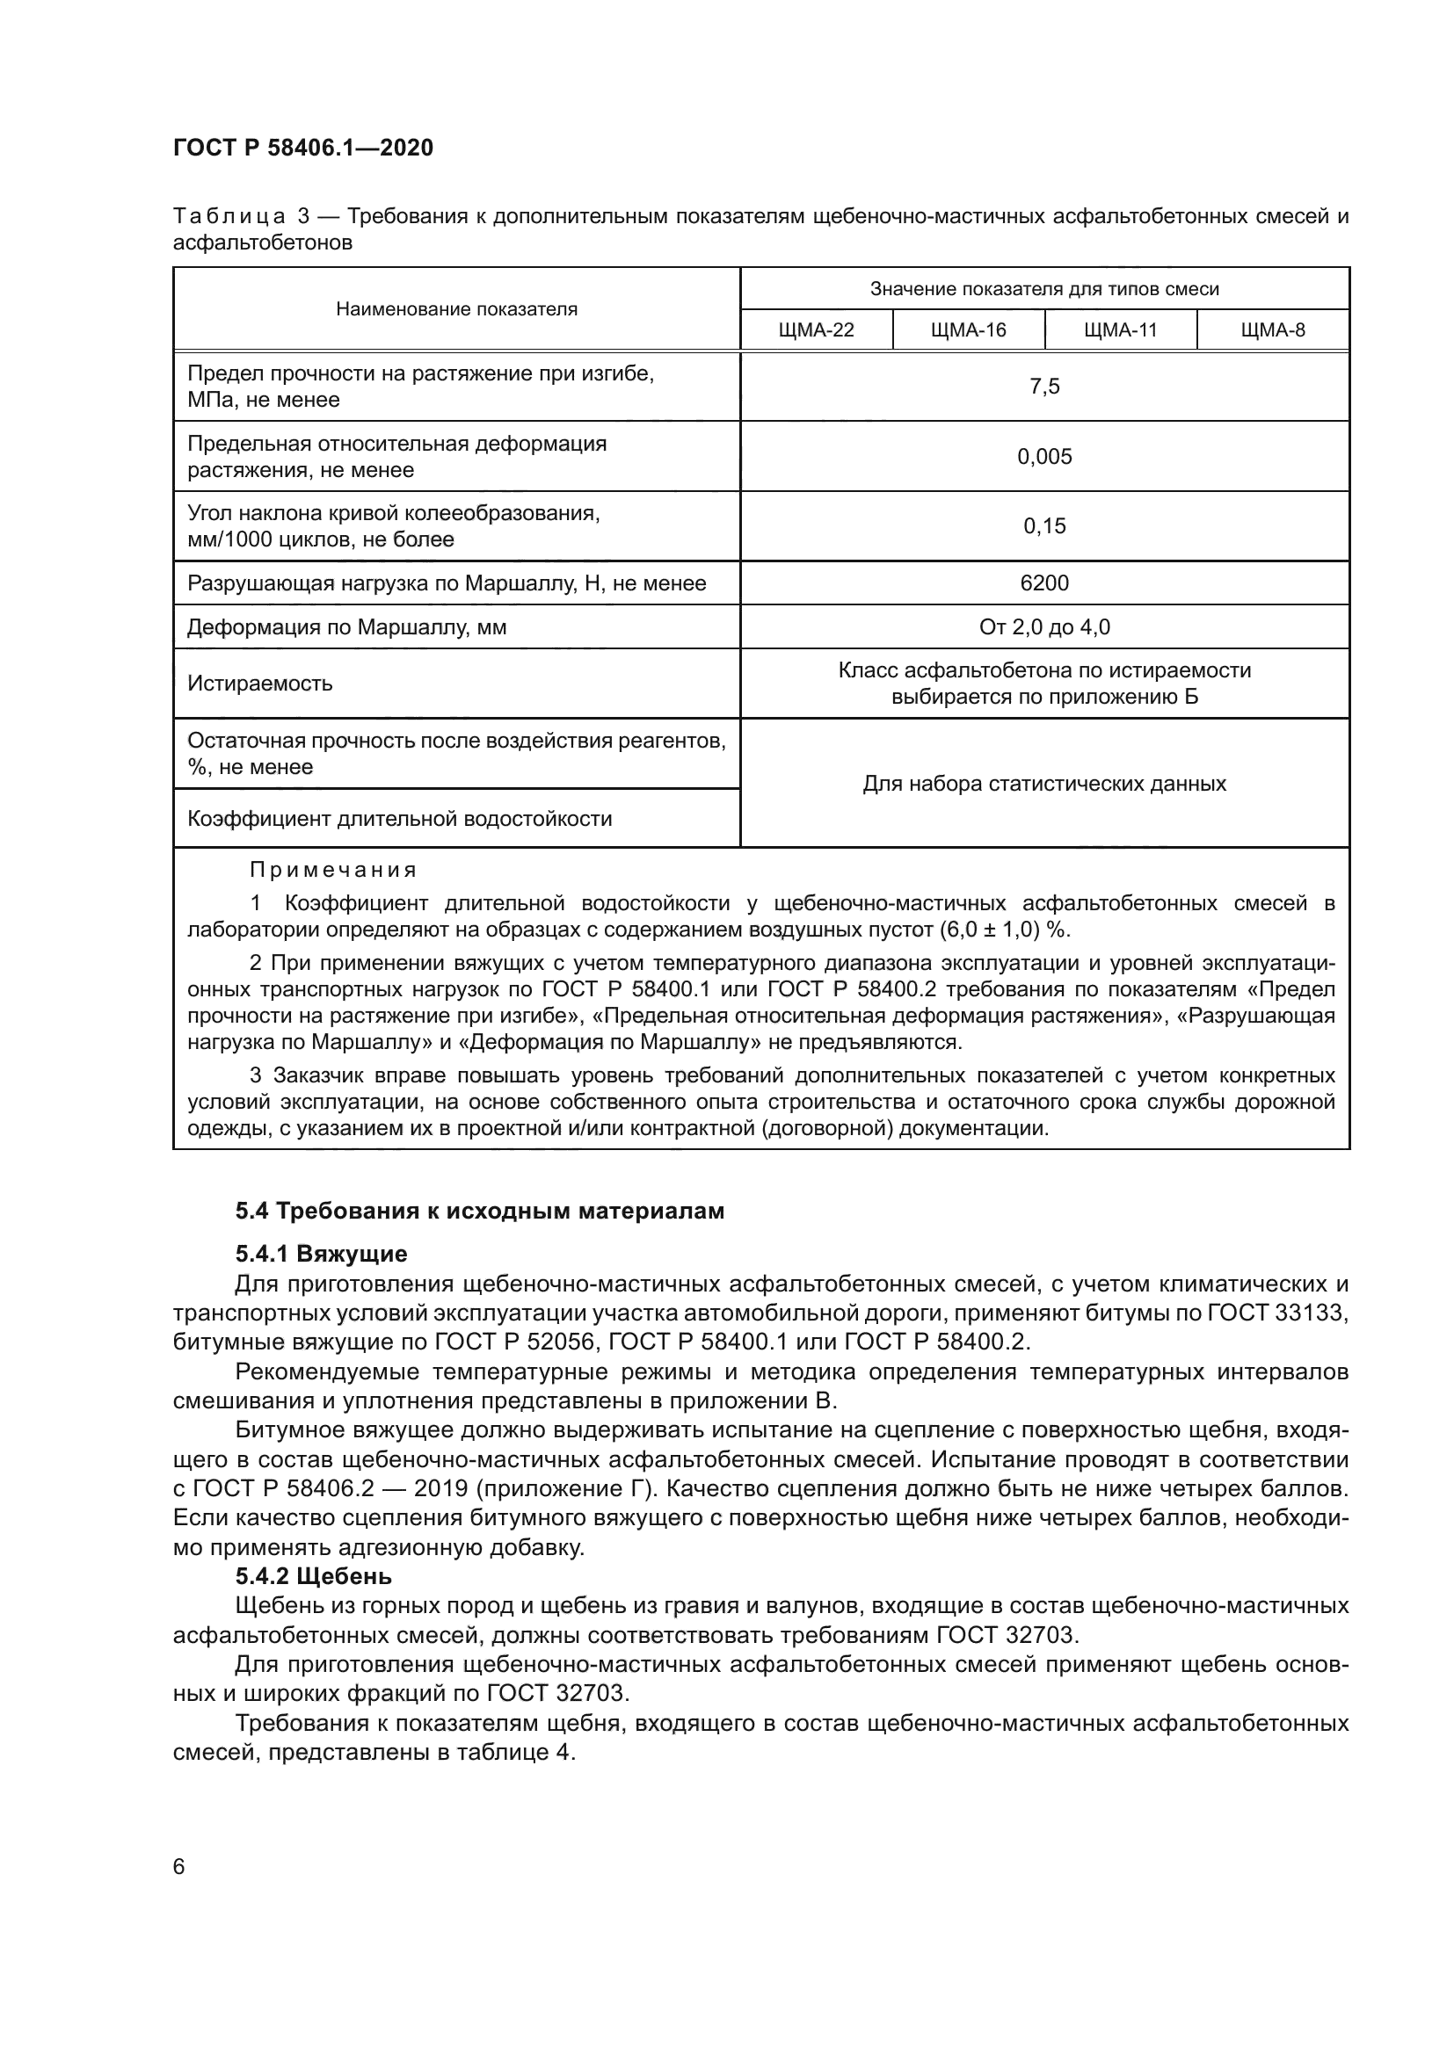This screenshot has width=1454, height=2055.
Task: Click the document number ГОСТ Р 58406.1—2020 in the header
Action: (302, 148)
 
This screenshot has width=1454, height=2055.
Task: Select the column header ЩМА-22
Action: (816, 330)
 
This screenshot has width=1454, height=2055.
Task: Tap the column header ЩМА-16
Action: (968, 330)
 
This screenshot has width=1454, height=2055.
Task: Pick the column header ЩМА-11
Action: (1120, 330)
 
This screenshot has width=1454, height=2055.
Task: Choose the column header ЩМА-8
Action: (1272, 330)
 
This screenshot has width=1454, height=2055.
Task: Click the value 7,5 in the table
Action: (1044, 387)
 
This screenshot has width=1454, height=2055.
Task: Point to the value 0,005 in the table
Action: (1044, 457)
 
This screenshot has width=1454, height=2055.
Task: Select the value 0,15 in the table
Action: (1044, 526)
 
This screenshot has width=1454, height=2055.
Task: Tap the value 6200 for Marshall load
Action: (1044, 583)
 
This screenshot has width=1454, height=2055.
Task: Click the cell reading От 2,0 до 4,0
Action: (1044, 627)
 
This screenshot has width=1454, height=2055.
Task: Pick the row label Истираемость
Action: (259, 684)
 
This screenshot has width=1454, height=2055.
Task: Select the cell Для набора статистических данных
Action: (1044, 784)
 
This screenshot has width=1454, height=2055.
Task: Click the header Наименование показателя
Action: (456, 309)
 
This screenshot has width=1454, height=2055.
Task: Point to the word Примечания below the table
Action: (333, 870)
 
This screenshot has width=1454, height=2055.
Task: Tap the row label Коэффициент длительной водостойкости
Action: (399, 819)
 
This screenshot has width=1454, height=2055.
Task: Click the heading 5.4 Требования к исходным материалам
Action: (480, 1211)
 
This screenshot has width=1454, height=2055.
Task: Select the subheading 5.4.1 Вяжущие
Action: (322, 1253)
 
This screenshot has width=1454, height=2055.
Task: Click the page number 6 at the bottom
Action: (179, 1867)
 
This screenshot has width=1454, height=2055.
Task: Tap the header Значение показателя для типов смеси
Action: (1044, 289)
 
